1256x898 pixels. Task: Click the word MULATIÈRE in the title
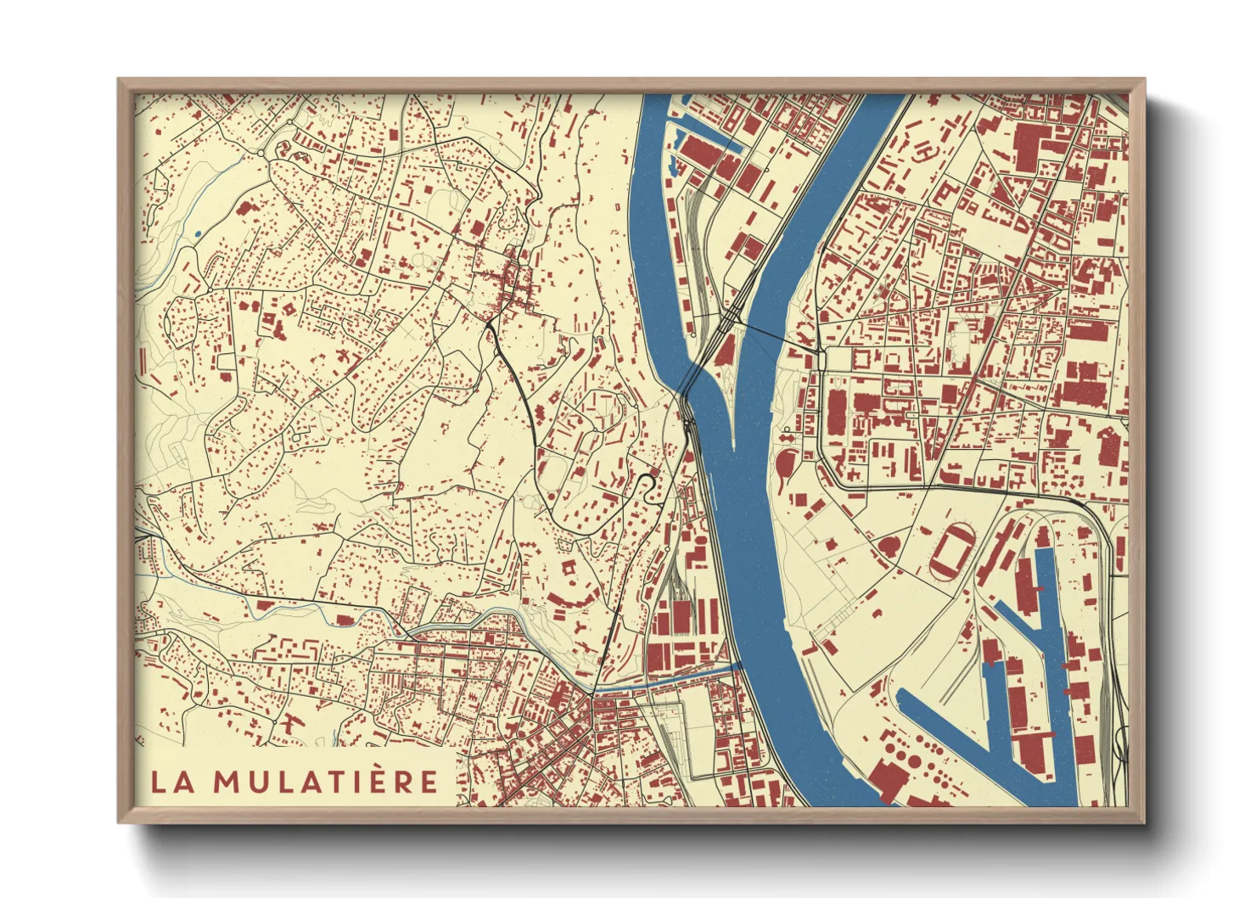326,782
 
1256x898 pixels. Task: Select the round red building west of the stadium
889,545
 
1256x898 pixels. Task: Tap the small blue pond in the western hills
198,233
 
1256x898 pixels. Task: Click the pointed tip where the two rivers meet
732,445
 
